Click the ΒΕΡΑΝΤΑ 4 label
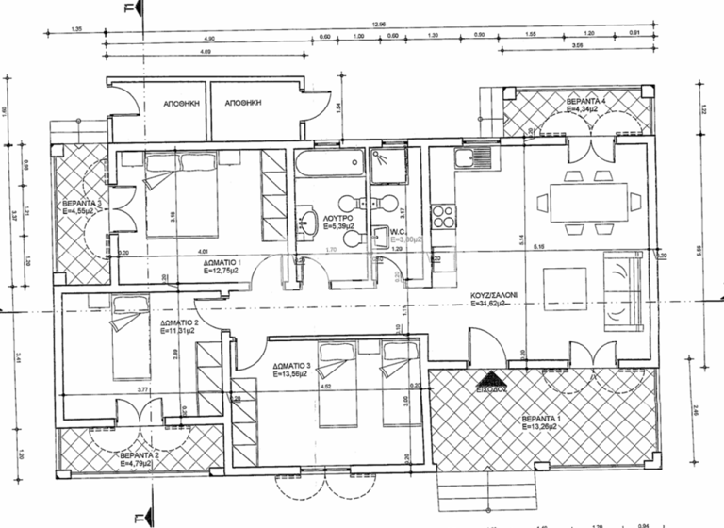point(585,100)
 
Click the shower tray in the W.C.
point(387,162)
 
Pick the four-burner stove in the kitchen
point(441,215)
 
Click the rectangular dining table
point(579,202)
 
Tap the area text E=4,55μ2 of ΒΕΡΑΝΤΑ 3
point(81,212)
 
